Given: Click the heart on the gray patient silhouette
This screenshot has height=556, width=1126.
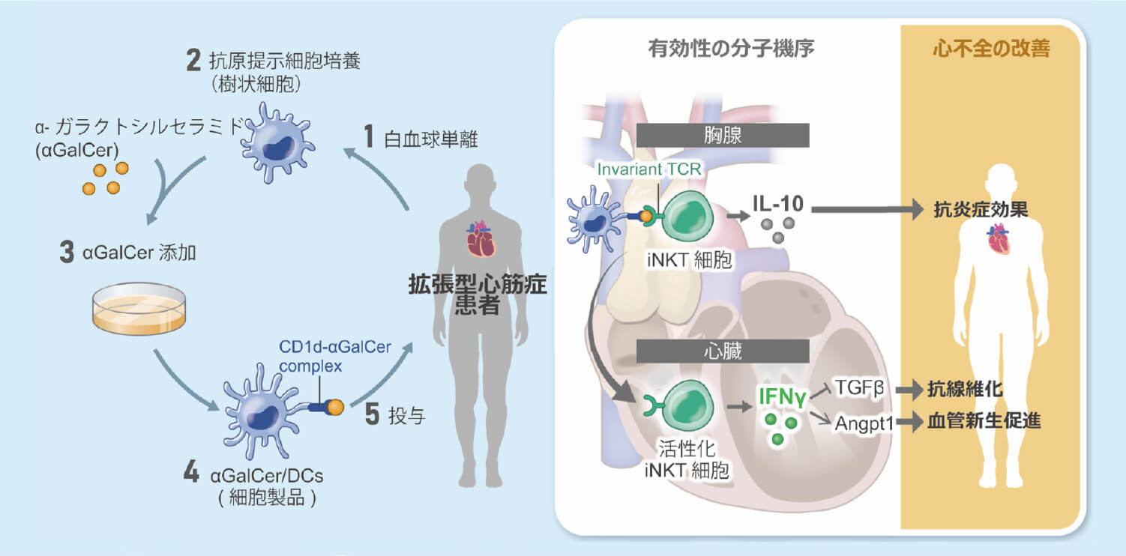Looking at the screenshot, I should coord(481,238).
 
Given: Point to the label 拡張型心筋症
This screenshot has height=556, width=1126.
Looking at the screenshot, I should coord(478,285).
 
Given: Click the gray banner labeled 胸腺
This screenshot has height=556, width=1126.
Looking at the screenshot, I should coord(722,135).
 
